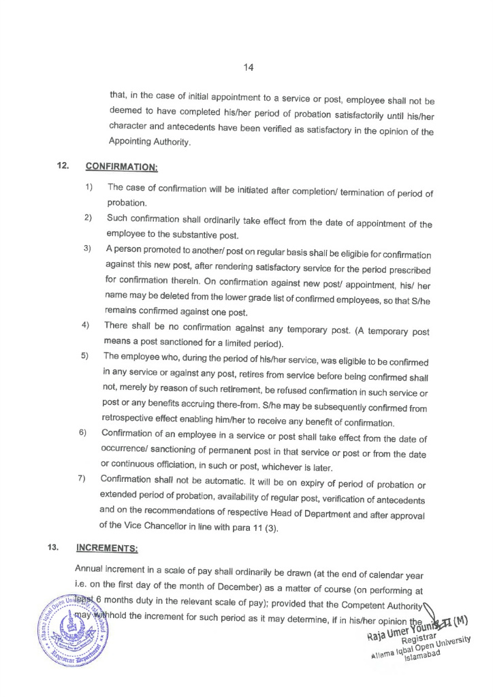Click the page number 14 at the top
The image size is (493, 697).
(x=247, y=67)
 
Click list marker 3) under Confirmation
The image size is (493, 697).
(x=88, y=248)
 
